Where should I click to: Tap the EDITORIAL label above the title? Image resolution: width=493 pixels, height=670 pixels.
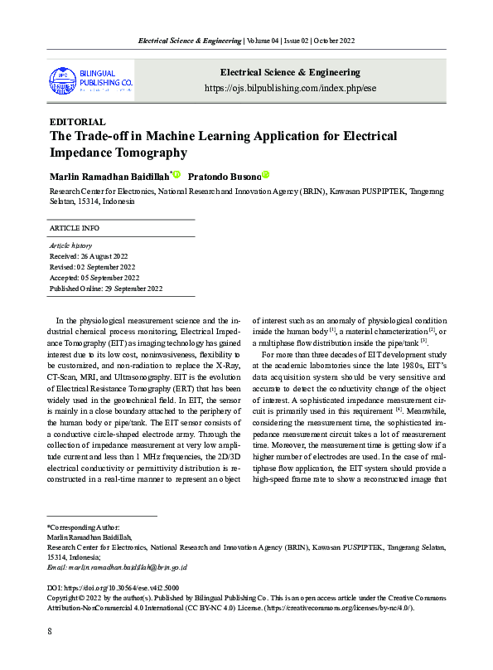(x=78, y=122)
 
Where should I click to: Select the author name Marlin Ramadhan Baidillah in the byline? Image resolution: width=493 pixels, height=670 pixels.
(x=109, y=177)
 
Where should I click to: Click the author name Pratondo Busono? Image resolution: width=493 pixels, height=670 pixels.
(x=224, y=177)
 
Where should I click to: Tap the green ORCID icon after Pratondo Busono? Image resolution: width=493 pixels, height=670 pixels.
(x=266, y=175)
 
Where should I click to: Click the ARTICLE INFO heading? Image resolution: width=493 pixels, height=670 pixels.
(x=75, y=227)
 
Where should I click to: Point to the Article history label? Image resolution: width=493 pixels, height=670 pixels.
(x=71, y=245)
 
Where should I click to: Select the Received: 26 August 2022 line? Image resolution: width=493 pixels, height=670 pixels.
(x=89, y=256)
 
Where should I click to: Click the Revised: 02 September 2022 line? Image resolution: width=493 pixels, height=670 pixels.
(x=93, y=267)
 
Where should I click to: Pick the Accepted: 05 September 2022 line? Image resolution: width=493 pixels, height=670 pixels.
(x=94, y=278)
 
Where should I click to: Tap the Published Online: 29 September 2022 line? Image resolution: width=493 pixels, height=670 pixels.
(x=106, y=289)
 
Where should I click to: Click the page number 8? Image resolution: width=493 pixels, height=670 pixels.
(x=51, y=632)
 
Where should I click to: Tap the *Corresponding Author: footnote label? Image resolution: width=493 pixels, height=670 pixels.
(x=83, y=527)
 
